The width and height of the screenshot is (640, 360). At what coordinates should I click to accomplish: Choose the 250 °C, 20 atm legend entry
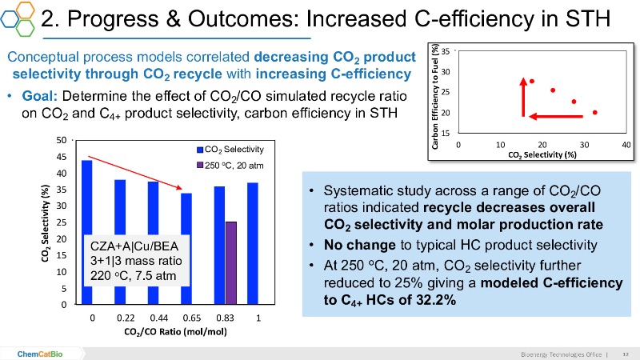[x=233, y=165]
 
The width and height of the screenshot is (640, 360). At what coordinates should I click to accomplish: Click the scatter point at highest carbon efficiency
[x=531, y=81]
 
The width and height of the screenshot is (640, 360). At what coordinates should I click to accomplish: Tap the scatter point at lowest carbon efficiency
[x=595, y=113]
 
